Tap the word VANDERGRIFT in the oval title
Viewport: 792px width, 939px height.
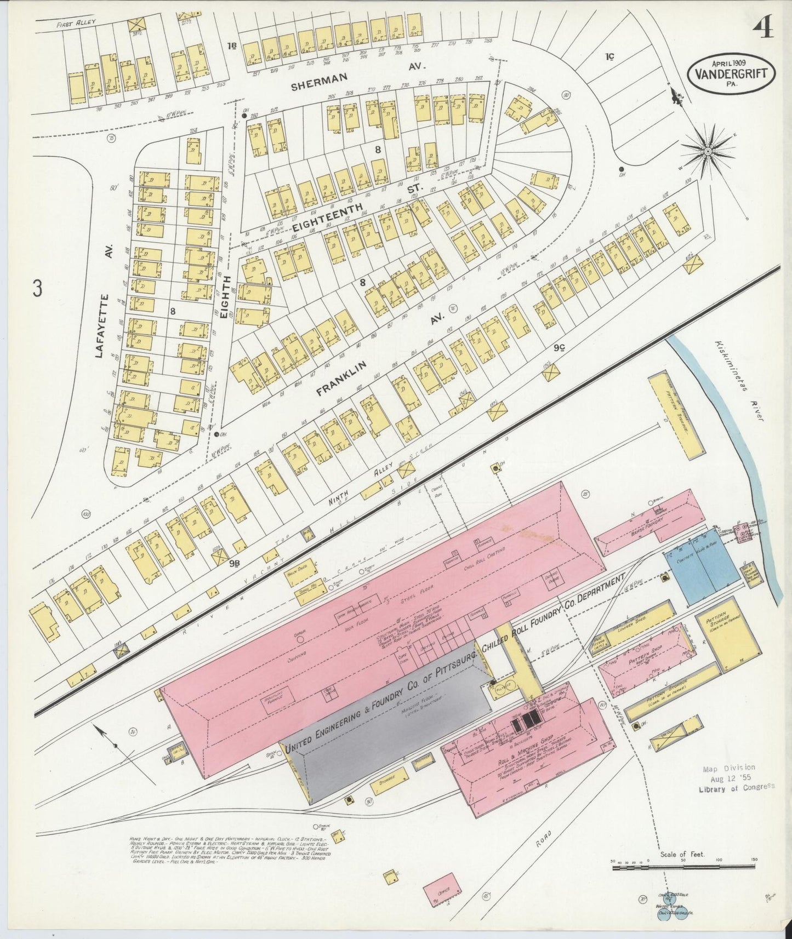731,72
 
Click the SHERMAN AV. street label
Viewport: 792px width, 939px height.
351,77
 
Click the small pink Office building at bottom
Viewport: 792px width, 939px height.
446,889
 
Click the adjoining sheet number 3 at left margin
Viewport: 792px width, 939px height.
37,289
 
